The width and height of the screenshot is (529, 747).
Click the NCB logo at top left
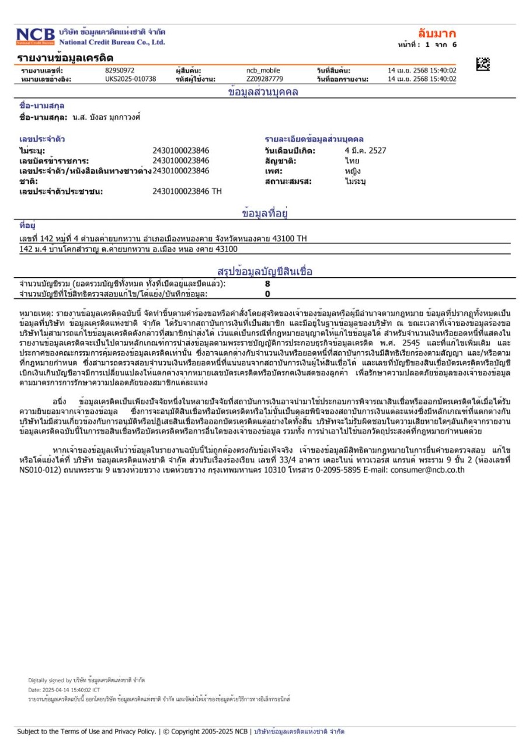click(x=35, y=37)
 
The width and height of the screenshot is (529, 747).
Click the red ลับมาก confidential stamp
click(x=437, y=33)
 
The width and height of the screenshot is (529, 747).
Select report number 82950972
click(x=120, y=71)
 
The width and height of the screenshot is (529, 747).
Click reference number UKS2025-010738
click(x=131, y=79)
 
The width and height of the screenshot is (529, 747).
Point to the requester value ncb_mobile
click(x=263, y=71)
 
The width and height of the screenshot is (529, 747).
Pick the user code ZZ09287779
click(x=264, y=79)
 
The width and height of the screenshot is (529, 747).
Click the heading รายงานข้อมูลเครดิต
click(x=65, y=58)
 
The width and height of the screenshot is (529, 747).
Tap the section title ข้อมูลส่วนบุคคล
click(x=263, y=92)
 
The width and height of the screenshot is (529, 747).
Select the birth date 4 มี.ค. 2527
click(x=366, y=151)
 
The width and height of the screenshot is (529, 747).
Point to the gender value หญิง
click(x=353, y=171)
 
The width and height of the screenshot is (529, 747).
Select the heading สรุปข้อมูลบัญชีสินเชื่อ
click(x=264, y=271)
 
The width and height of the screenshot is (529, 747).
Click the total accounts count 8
click(x=267, y=284)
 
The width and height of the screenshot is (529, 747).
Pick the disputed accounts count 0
click(x=267, y=293)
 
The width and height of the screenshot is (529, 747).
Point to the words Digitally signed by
click(x=50, y=680)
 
